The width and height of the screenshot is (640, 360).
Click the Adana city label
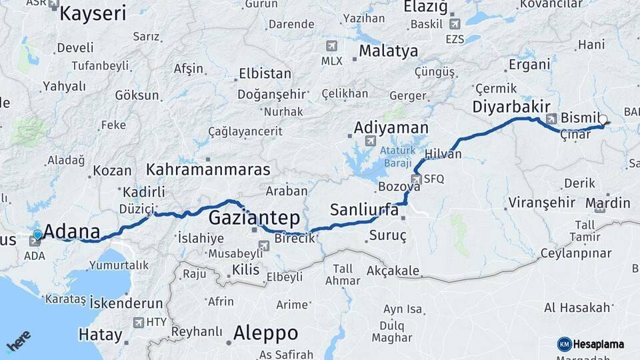tap(72, 233)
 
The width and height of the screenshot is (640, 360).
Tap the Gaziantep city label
tap(254, 218)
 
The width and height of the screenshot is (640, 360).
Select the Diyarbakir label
tap(511, 107)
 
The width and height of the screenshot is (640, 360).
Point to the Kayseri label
tap(93, 13)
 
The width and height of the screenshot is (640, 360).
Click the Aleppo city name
tap(265, 333)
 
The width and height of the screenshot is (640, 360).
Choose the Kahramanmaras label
tap(208, 169)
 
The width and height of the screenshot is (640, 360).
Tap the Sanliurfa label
tap(364, 210)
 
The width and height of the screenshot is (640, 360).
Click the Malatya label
tap(389, 51)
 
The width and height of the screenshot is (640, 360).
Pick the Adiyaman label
tap(391, 127)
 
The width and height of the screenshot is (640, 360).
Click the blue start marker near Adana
tap(37, 235)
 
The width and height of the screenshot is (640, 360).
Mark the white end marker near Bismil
tap(603, 120)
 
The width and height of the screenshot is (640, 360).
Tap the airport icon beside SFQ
tap(417, 179)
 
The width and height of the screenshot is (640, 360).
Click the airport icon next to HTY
tap(139, 323)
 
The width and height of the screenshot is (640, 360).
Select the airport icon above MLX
tap(331, 47)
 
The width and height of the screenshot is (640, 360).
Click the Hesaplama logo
tap(592, 344)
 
